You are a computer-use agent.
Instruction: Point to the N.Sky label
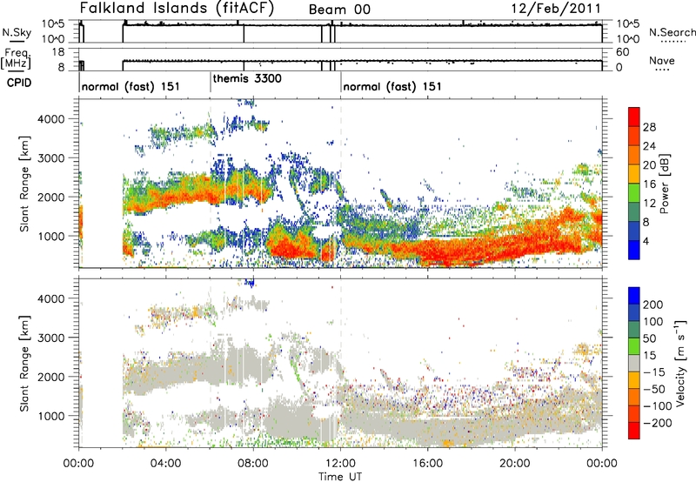click(14, 32)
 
